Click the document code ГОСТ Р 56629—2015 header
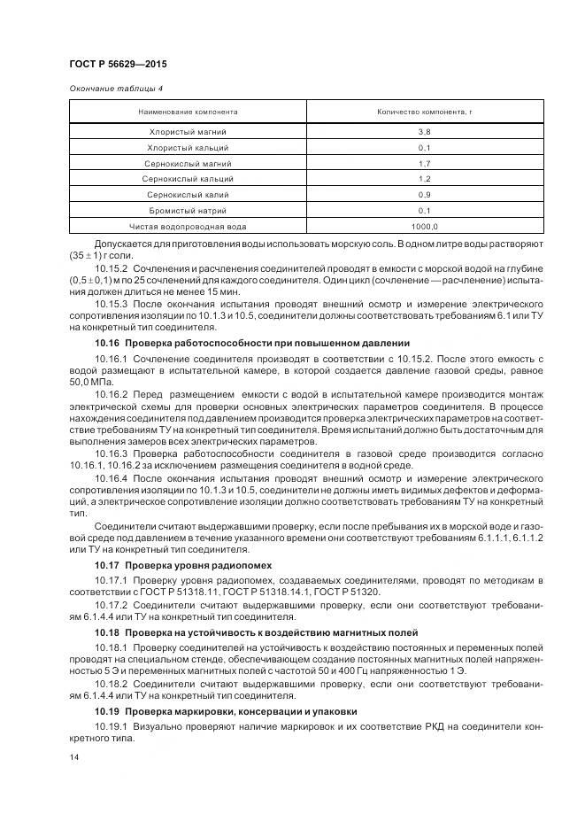[x=117, y=65]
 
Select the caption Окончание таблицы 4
[x=115, y=88]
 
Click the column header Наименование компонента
[x=188, y=112]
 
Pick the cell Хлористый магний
[x=188, y=131]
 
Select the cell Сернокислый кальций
[x=188, y=179]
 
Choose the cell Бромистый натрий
[x=188, y=211]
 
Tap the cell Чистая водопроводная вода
[x=188, y=227]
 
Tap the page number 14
[x=73, y=758]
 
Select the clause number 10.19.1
[x=112, y=726]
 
